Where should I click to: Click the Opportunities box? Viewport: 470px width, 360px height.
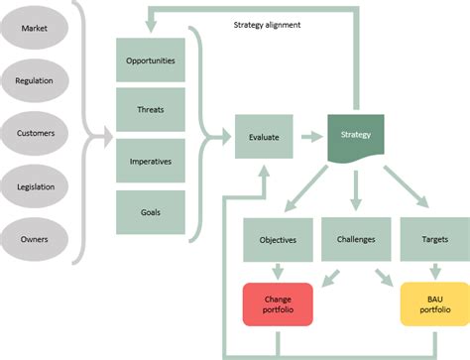click(150, 61)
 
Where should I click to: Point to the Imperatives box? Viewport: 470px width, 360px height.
click(150, 161)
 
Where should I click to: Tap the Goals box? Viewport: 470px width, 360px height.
click(150, 210)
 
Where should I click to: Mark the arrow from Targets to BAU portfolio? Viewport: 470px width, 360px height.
click(432, 271)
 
